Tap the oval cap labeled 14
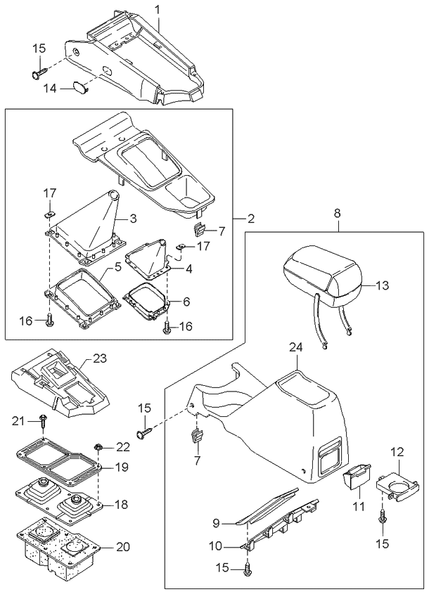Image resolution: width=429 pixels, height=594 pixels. tap(79, 88)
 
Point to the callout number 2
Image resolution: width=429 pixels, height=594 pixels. tap(250, 219)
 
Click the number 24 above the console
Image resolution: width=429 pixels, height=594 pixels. tap(296, 347)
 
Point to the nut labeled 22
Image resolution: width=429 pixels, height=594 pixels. tap(99, 446)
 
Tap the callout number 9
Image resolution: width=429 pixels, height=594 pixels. tap(217, 523)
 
